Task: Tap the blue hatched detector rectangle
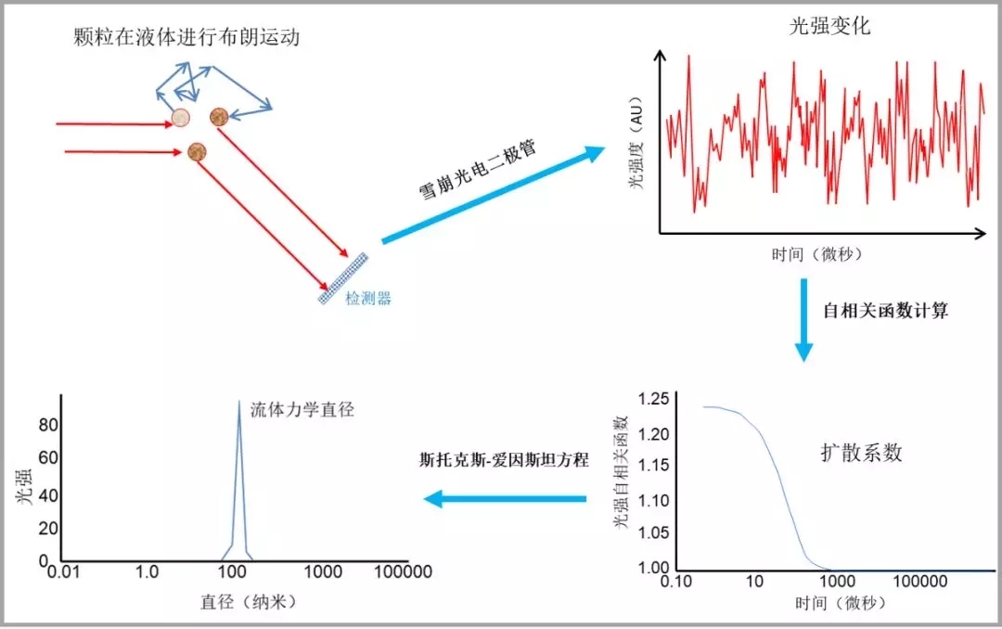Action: (343, 278)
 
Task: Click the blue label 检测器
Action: (368, 299)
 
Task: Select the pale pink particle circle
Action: (182, 118)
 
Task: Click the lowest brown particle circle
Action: (197, 151)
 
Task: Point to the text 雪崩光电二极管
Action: (479, 172)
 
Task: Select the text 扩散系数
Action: (861, 453)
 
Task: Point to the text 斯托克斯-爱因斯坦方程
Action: (504, 459)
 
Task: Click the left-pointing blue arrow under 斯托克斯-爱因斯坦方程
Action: (506, 500)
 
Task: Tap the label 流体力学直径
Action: (290, 409)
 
